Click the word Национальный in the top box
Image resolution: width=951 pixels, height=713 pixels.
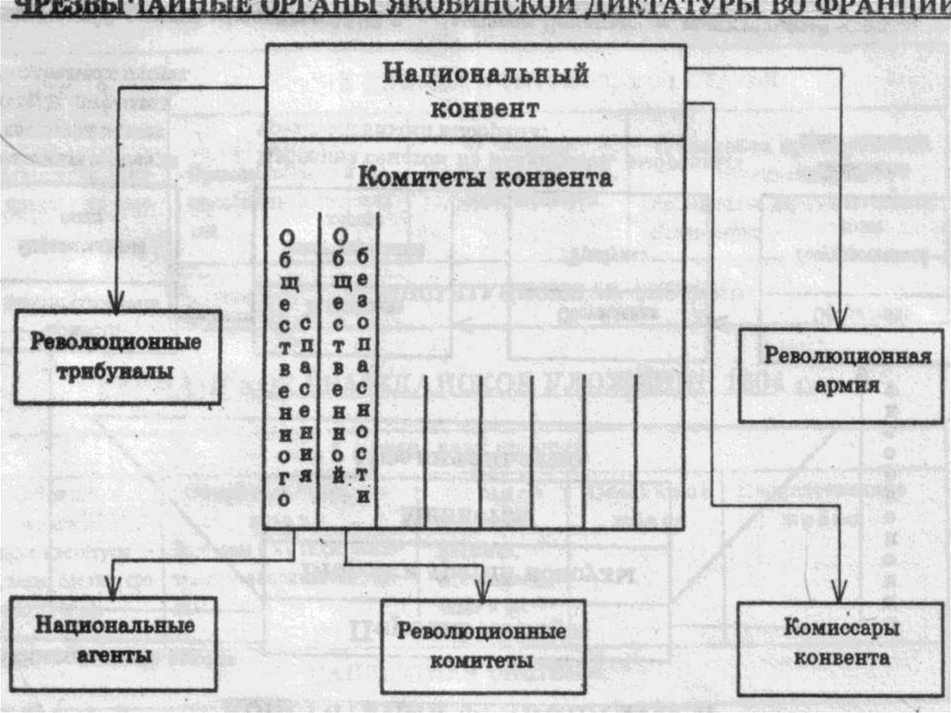tap(485, 73)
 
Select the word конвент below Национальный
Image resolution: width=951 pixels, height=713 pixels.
tap(485, 109)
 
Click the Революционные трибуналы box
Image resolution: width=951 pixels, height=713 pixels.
tap(117, 357)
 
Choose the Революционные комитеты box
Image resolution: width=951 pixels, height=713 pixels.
tap(483, 647)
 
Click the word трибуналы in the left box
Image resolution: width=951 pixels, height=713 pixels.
tap(117, 372)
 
